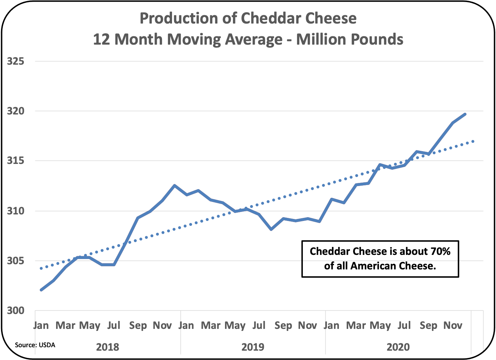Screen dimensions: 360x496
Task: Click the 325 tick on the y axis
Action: click(16, 62)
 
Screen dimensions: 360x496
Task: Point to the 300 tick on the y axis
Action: click(16, 311)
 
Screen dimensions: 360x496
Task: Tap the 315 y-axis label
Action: click(16, 161)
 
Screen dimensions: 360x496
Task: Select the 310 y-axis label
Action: click(16, 211)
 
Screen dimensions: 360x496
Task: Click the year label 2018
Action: click(108, 347)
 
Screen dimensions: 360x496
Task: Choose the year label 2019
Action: click(253, 347)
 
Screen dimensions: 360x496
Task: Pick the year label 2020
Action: click(398, 347)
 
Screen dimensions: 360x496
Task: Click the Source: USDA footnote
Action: click(35, 345)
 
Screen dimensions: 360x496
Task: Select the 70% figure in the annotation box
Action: click(440, 251)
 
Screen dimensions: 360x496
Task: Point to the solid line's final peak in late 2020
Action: click(465, 114)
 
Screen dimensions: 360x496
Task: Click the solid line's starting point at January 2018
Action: click(41, 290)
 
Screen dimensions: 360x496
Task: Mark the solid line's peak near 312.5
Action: click(174, 185)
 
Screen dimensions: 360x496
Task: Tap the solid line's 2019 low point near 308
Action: click(271, 229)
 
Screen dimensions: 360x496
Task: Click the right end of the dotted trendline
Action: click(473, 141)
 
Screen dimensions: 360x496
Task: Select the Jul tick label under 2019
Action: click(259, 325)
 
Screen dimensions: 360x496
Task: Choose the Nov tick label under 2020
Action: click(453, 325)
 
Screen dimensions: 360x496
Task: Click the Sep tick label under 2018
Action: click(138, 325)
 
